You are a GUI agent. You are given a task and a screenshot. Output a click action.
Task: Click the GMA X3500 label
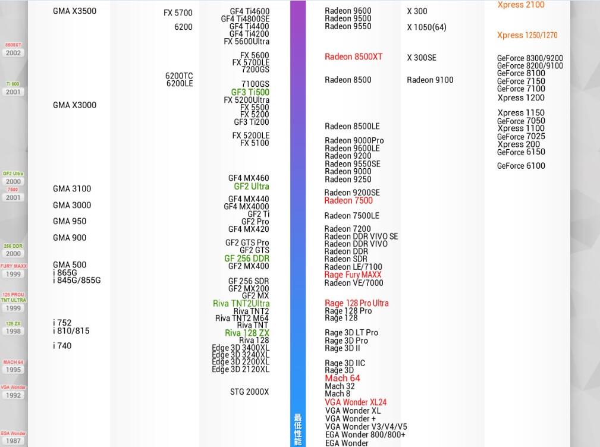tap(74, 11)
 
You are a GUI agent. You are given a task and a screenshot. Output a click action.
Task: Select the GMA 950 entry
tap(70, 221)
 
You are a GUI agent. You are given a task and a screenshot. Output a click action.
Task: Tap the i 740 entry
tap(62, 346)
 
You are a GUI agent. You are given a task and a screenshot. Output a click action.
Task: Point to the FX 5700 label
tap(178, 13)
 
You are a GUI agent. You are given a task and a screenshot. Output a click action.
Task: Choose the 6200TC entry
tap(179, 76)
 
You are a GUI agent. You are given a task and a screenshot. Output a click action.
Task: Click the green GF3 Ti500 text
tap(250, 92)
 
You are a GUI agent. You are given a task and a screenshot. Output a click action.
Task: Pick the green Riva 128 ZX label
tap(247, 333)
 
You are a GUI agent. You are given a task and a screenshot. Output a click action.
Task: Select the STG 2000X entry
tap(249, 392)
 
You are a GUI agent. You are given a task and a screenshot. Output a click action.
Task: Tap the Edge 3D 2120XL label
tap(240, 370)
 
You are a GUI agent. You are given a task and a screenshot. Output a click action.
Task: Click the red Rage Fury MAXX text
tap(353, 275)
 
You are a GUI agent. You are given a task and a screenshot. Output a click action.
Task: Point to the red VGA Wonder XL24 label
tap(356, 402)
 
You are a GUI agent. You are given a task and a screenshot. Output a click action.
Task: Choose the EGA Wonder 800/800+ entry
tap(365, 435)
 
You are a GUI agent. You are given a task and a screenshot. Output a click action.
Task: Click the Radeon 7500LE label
tap(351, 216)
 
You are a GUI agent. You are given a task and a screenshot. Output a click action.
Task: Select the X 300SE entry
tap(421, 58)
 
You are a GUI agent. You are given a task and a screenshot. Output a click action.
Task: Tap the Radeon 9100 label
tap(430, 80)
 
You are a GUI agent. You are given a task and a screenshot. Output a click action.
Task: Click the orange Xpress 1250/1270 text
tap(527, 36)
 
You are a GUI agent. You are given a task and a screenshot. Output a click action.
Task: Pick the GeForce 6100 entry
tap(521, 166)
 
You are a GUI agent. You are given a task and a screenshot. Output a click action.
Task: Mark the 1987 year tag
tap(13, 440)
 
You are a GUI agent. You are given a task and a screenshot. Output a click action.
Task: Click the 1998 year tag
tap(13, 331)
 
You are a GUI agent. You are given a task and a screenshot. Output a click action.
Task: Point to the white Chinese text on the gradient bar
tap(298, 429)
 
